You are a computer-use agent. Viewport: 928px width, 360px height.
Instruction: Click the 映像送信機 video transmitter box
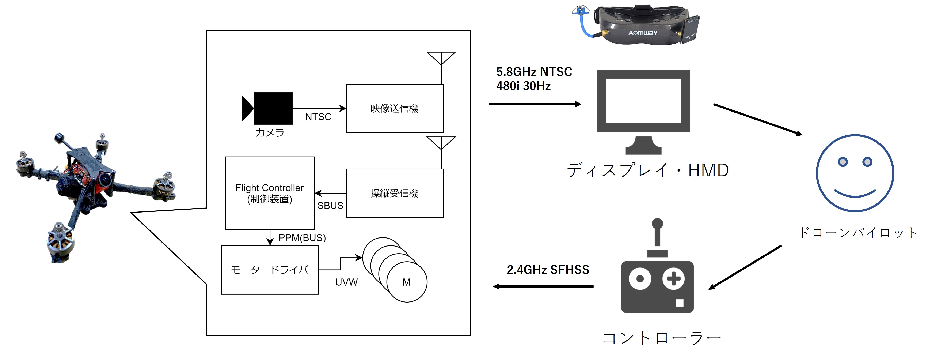coord(395,108)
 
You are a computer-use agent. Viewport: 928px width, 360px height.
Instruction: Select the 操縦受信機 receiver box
coord(395,193)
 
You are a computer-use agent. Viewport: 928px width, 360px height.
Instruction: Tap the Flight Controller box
coord(269,193)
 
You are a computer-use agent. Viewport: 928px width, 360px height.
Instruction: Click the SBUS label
coord(330,205)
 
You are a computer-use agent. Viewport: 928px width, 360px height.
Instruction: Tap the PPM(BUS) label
coord(302,238)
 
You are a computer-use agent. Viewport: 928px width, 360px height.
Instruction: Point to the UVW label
coord(346,282)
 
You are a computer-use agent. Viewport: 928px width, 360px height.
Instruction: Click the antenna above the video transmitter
coord(441,59)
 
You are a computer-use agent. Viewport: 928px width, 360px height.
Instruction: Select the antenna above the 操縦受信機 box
coord(441,144)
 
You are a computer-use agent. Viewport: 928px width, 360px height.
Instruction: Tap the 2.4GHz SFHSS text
coord(548,270)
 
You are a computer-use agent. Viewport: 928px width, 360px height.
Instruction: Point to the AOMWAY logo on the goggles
coord(643,33)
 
